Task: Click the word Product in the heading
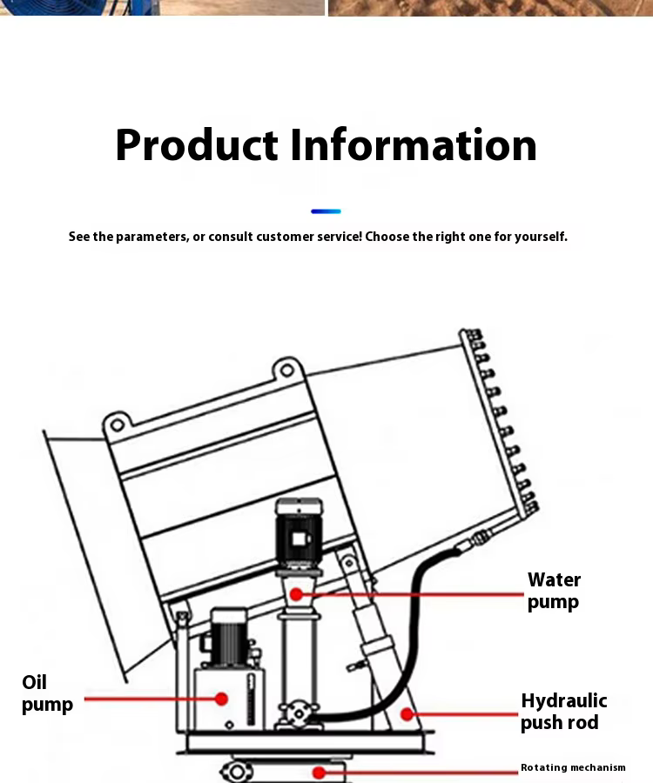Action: click(196, 145)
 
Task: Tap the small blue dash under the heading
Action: click(326, 211)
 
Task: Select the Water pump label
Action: click(554, 591)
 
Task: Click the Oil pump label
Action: click(47, 693)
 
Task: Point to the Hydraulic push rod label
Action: click(563, 712)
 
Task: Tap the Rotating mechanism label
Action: click(573, 767)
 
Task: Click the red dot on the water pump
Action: click(296, 594)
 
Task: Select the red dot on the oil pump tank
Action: click(221, 699)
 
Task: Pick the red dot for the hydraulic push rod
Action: click(406, 714)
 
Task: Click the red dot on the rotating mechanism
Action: click(320, 771)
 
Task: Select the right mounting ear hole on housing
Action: click(286, 371)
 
